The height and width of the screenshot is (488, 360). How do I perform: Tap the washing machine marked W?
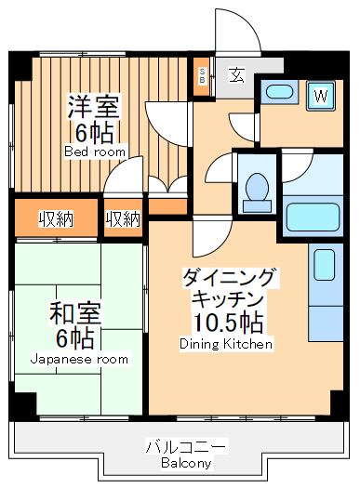click(321, 95)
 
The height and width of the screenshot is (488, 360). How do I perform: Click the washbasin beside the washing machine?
click(279, 92)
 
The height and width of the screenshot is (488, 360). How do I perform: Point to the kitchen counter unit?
click(326, 275)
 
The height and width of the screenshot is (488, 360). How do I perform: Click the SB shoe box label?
click(203, 76)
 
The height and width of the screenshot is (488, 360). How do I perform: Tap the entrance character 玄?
click(237, 75)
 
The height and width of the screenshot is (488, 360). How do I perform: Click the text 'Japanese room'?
click(79, 359)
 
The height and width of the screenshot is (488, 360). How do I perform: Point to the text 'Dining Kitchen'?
click(226, 344)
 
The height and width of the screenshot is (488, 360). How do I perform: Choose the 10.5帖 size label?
click(226, 322)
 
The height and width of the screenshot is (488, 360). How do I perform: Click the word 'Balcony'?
click(186, 462)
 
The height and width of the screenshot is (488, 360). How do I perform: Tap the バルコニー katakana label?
click(186, 446)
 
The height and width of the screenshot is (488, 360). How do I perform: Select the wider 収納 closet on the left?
click(56, 219)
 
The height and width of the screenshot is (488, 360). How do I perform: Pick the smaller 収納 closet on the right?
click(123, 219)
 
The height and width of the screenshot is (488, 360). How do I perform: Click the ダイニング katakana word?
click(227, 277)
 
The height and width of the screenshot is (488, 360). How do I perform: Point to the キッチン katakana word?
click(227, 298)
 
